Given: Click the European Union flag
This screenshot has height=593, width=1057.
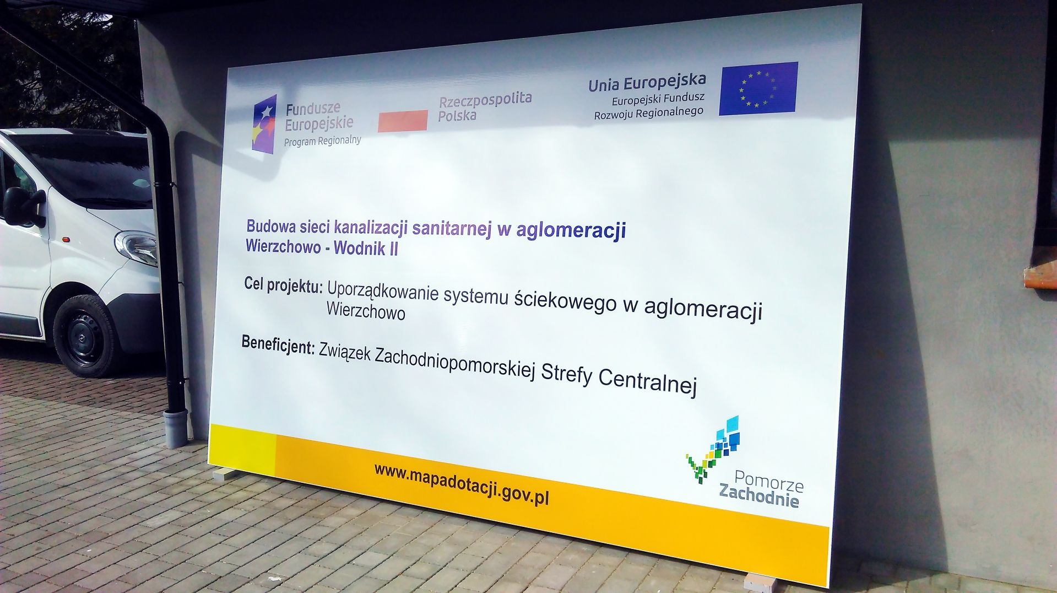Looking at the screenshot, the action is (x=758, y=88).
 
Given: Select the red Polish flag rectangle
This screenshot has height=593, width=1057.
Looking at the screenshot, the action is (x=403, y=121).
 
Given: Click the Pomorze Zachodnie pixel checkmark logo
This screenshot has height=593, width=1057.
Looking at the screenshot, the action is (x=713, y=449).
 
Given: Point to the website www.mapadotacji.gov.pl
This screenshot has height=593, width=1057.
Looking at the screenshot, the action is (x=462, y=483).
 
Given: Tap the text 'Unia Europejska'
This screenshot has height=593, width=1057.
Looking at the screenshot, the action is (x=647, y=82).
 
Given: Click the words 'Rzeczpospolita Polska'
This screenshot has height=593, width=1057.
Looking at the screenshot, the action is (x=485, y=107).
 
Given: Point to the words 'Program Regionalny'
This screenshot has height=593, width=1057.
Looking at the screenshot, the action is (x=322, y=141).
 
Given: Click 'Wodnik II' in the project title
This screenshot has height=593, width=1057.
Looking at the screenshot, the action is (x=366, y=248).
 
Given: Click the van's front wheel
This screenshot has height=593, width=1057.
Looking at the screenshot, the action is (x=86, y=336).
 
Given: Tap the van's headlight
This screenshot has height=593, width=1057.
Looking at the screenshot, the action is (x=137, y=247).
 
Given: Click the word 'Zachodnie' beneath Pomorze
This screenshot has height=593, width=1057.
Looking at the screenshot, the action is (x=758, y=495).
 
